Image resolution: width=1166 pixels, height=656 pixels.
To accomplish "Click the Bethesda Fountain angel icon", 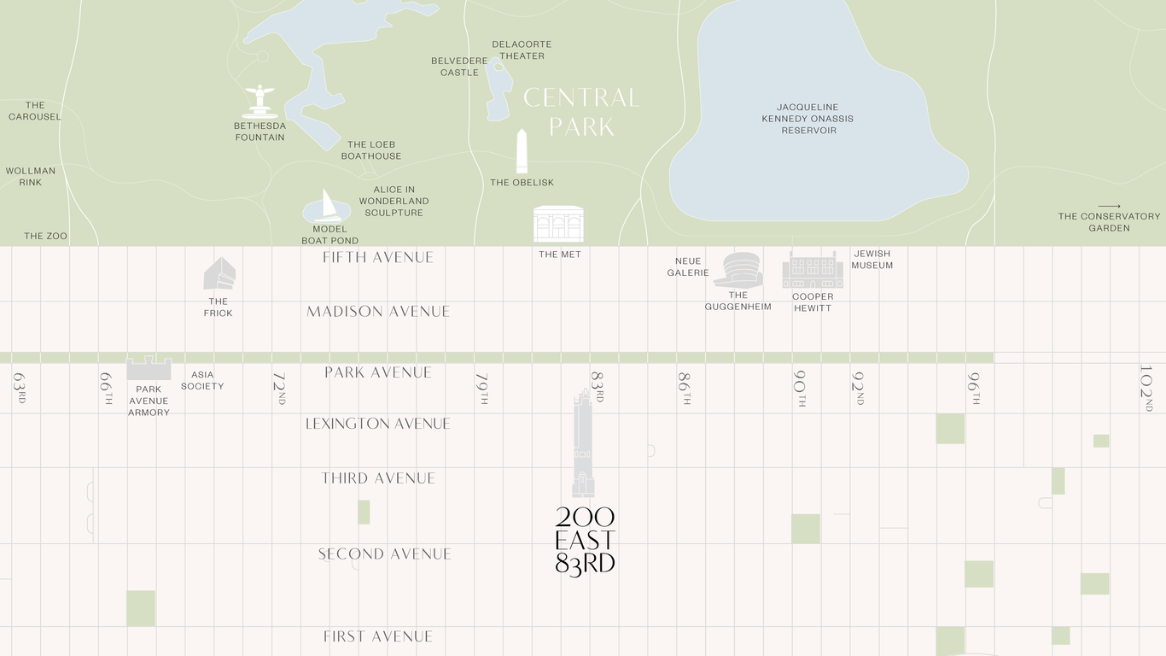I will (x=259, y=101).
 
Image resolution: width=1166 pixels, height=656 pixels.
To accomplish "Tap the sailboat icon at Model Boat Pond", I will (x=328, y=207).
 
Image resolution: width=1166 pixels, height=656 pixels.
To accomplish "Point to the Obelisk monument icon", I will (x=522, y=151).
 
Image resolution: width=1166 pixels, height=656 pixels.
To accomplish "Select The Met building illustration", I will (x=558, y=224).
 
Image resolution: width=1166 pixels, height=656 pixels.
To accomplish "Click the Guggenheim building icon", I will (x=737, y=270).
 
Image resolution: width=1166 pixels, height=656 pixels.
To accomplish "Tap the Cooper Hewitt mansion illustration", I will (x=813, y=271).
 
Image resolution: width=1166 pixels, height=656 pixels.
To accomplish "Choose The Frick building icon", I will (x=219, y=274).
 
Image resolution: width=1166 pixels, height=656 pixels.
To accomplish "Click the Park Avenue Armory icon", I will (x=149, y=368).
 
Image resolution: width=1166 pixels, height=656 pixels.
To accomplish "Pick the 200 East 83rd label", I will (x=585, y=541).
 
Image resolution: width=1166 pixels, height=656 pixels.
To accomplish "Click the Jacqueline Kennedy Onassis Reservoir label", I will (x=808, y=119).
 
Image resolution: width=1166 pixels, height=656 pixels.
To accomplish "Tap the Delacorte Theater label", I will (x=522, y=50).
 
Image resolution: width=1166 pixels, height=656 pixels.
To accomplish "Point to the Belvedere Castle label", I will (x=459, y=67).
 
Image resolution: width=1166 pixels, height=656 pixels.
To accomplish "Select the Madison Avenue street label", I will (x=378, y=312).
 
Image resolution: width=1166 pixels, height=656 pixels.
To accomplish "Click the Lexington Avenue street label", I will (x=378, y=424).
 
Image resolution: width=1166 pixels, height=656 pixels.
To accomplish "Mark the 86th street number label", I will (x=684, y=388).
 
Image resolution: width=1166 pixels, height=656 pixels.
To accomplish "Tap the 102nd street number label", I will (x=1146, y=388).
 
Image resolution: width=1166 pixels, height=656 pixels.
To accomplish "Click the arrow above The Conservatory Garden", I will (x=1109, y=206).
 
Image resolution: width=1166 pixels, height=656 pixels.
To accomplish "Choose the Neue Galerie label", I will (x=688, y=266).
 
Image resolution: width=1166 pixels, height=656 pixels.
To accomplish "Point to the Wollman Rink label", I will (x=31, y=177).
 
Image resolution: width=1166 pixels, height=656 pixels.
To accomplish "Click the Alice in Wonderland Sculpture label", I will (x=394, y=202).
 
